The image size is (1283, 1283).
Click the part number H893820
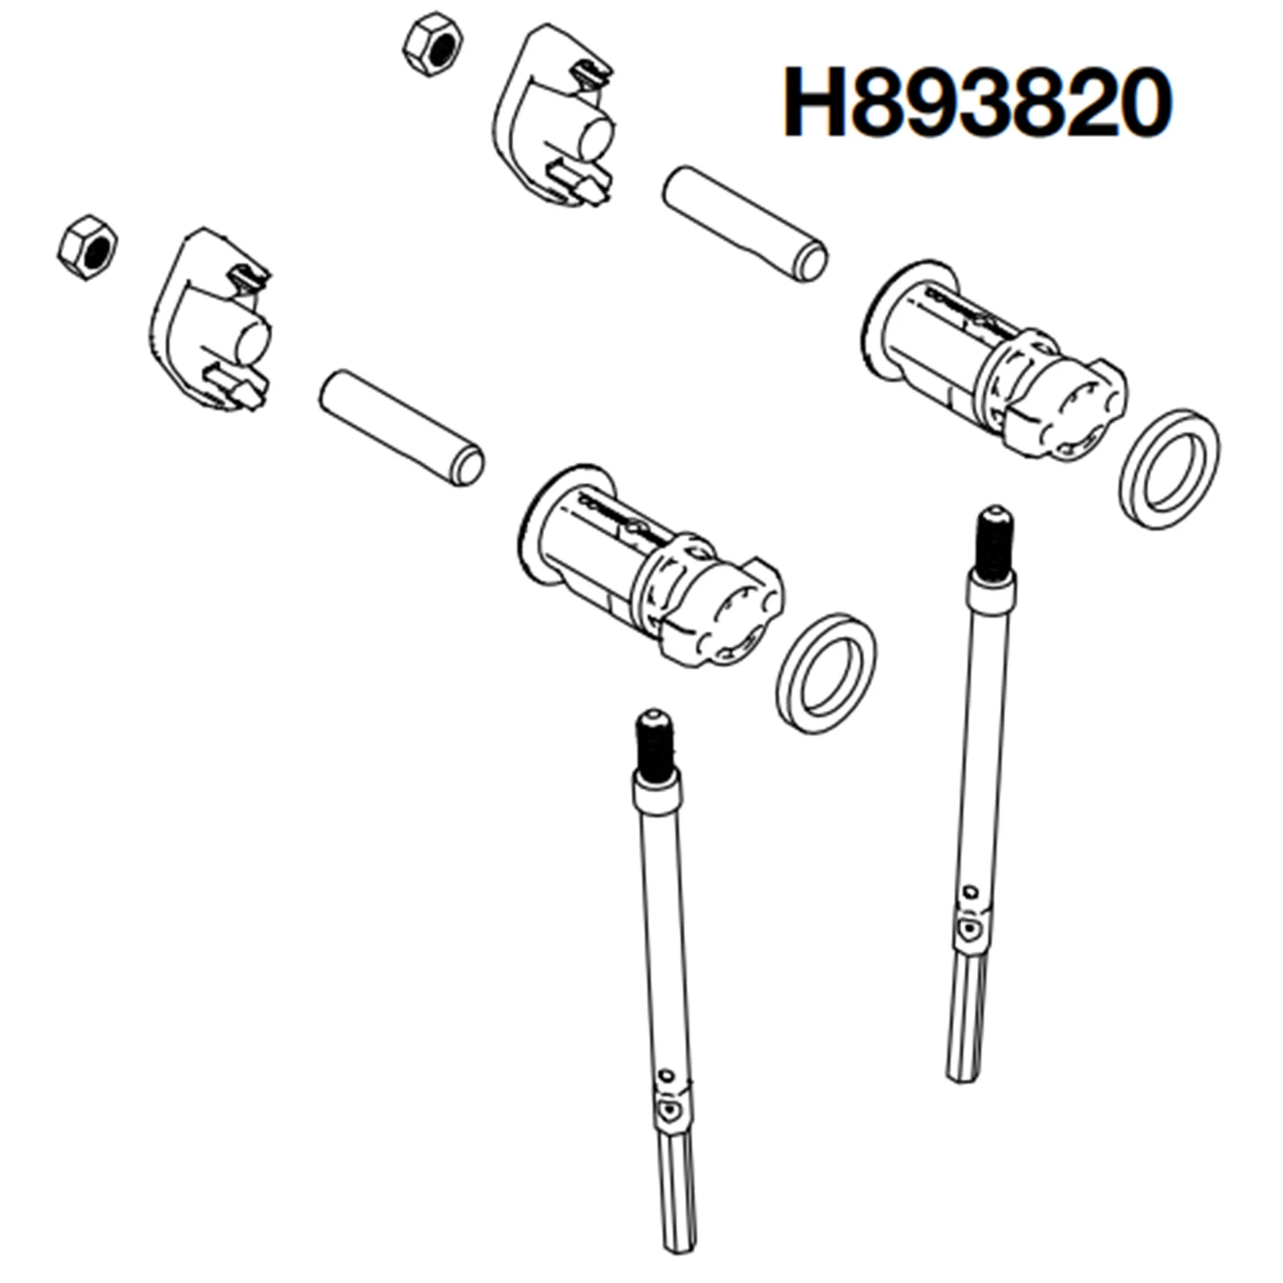(x=977, y=104)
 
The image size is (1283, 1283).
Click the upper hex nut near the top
(x=433, y=45)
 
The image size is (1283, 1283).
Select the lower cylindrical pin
(x=402, y=427)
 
